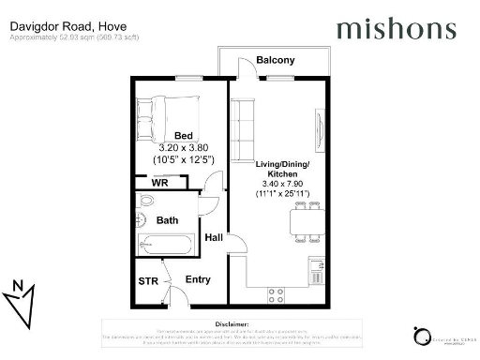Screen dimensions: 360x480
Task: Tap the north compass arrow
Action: (x=22, y=299)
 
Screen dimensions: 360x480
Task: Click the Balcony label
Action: (x=275, y=60)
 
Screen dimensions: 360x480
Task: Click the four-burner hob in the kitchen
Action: (x=277, y=294)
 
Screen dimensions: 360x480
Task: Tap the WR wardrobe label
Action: (x=159, y=183)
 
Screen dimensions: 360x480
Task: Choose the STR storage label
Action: (x=148, y=280)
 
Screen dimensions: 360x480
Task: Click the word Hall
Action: (x=214, y=239)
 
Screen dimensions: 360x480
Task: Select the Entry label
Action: (x=198, y=279)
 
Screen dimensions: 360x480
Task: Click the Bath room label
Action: (x=167, y=221)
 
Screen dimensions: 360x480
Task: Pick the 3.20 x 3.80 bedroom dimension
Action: (x=184, y=147)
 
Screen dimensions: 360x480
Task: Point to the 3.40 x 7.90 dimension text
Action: (x=282, y=183)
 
